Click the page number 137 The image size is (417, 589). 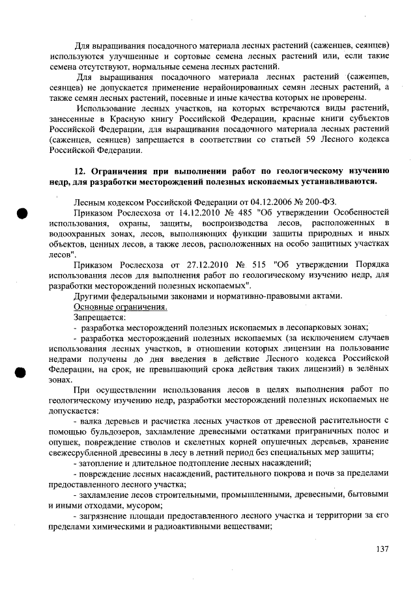(382, 549)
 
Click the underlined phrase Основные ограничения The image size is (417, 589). (121, 307)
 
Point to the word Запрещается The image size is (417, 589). (98, 317)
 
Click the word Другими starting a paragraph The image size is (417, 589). (93, 296)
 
